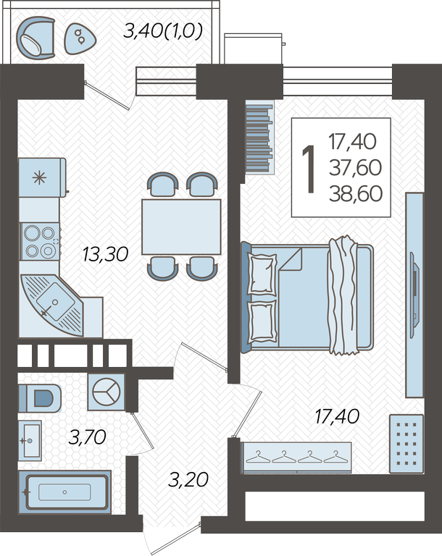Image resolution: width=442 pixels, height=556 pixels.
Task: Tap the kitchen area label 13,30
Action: click(x=105, y=255)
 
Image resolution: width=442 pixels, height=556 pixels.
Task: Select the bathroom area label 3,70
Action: click(x=88, y=437)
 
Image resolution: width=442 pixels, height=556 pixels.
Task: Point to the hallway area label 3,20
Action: click(x=188, y=480)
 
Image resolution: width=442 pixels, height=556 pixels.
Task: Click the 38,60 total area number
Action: click(x=356, y=193)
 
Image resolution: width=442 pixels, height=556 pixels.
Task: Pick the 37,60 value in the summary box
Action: click(x=355, y=168)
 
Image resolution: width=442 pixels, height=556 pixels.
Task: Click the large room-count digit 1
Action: click(x=309, y=169)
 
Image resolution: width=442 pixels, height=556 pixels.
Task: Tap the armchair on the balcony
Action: click(x=36, y=38)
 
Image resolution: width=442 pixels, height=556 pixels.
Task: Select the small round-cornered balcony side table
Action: click(x=80, y=38)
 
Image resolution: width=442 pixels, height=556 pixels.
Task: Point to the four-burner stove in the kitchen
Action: click(x=40, y=242)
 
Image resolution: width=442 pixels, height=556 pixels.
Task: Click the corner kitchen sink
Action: click(x=52, y=305)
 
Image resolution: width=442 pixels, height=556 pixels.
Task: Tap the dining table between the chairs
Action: click(x=181, y=227)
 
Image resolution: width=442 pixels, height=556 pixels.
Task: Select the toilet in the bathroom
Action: click(x=40, y=398)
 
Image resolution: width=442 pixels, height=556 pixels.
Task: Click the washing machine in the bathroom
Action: click(x=106, y=392)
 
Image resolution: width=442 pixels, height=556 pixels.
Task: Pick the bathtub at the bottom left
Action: click(x=64, y=492)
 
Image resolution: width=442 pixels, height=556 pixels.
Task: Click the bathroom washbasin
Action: click(x=30, y=441)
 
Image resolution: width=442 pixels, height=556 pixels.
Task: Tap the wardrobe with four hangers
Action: click(x=296, y=458)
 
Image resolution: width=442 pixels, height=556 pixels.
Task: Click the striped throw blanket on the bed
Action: click(x=343, y=295)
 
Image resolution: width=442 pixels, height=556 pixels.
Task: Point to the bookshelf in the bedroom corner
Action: click(x=259, y=138)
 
